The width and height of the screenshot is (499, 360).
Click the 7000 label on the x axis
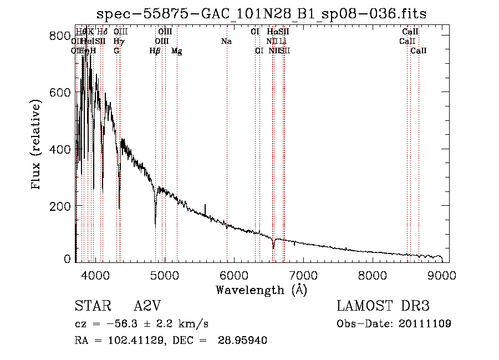tap(303, 275)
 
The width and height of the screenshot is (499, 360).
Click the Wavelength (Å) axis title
tap(261, 290)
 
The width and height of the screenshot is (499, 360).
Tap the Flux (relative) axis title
tap(37, 145)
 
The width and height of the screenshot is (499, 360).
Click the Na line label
tap(226, 41)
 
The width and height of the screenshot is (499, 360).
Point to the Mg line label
tap(176, 50)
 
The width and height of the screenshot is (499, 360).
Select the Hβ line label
tap(155, 50)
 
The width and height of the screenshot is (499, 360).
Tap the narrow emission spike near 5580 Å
tap(205, 206)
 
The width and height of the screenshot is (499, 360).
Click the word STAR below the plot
tap(89, 307)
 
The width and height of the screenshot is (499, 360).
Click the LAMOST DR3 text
tap(383, 307)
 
